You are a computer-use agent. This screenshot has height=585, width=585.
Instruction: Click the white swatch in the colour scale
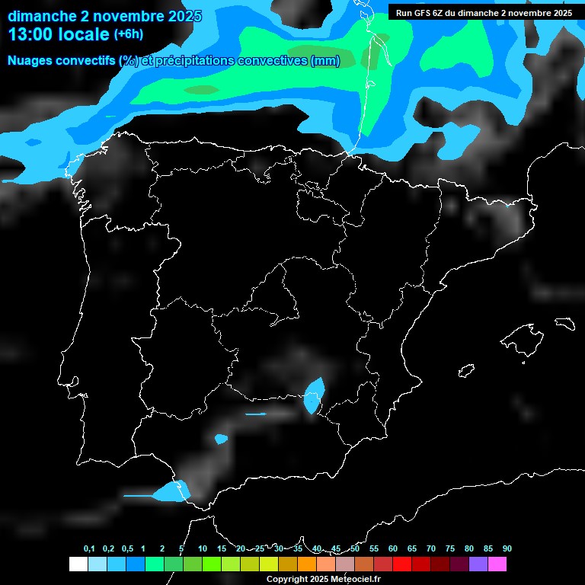[x=78, y=564]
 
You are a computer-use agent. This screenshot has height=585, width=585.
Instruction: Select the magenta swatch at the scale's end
[x=497, y=564]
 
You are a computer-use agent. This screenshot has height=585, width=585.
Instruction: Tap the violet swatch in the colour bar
[x=478, y=564]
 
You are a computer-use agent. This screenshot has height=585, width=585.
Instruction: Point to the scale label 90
[x=507, y=549]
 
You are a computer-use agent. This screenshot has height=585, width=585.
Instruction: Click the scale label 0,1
[x=89, y=549]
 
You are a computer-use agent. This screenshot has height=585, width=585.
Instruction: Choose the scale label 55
[x=374, y=549]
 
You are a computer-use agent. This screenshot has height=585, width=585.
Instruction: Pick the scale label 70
[x=431, y=549]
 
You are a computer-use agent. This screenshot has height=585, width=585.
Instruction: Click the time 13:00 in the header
[x=31, y=34]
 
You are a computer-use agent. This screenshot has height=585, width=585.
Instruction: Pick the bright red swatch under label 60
[x=401, y=564]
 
